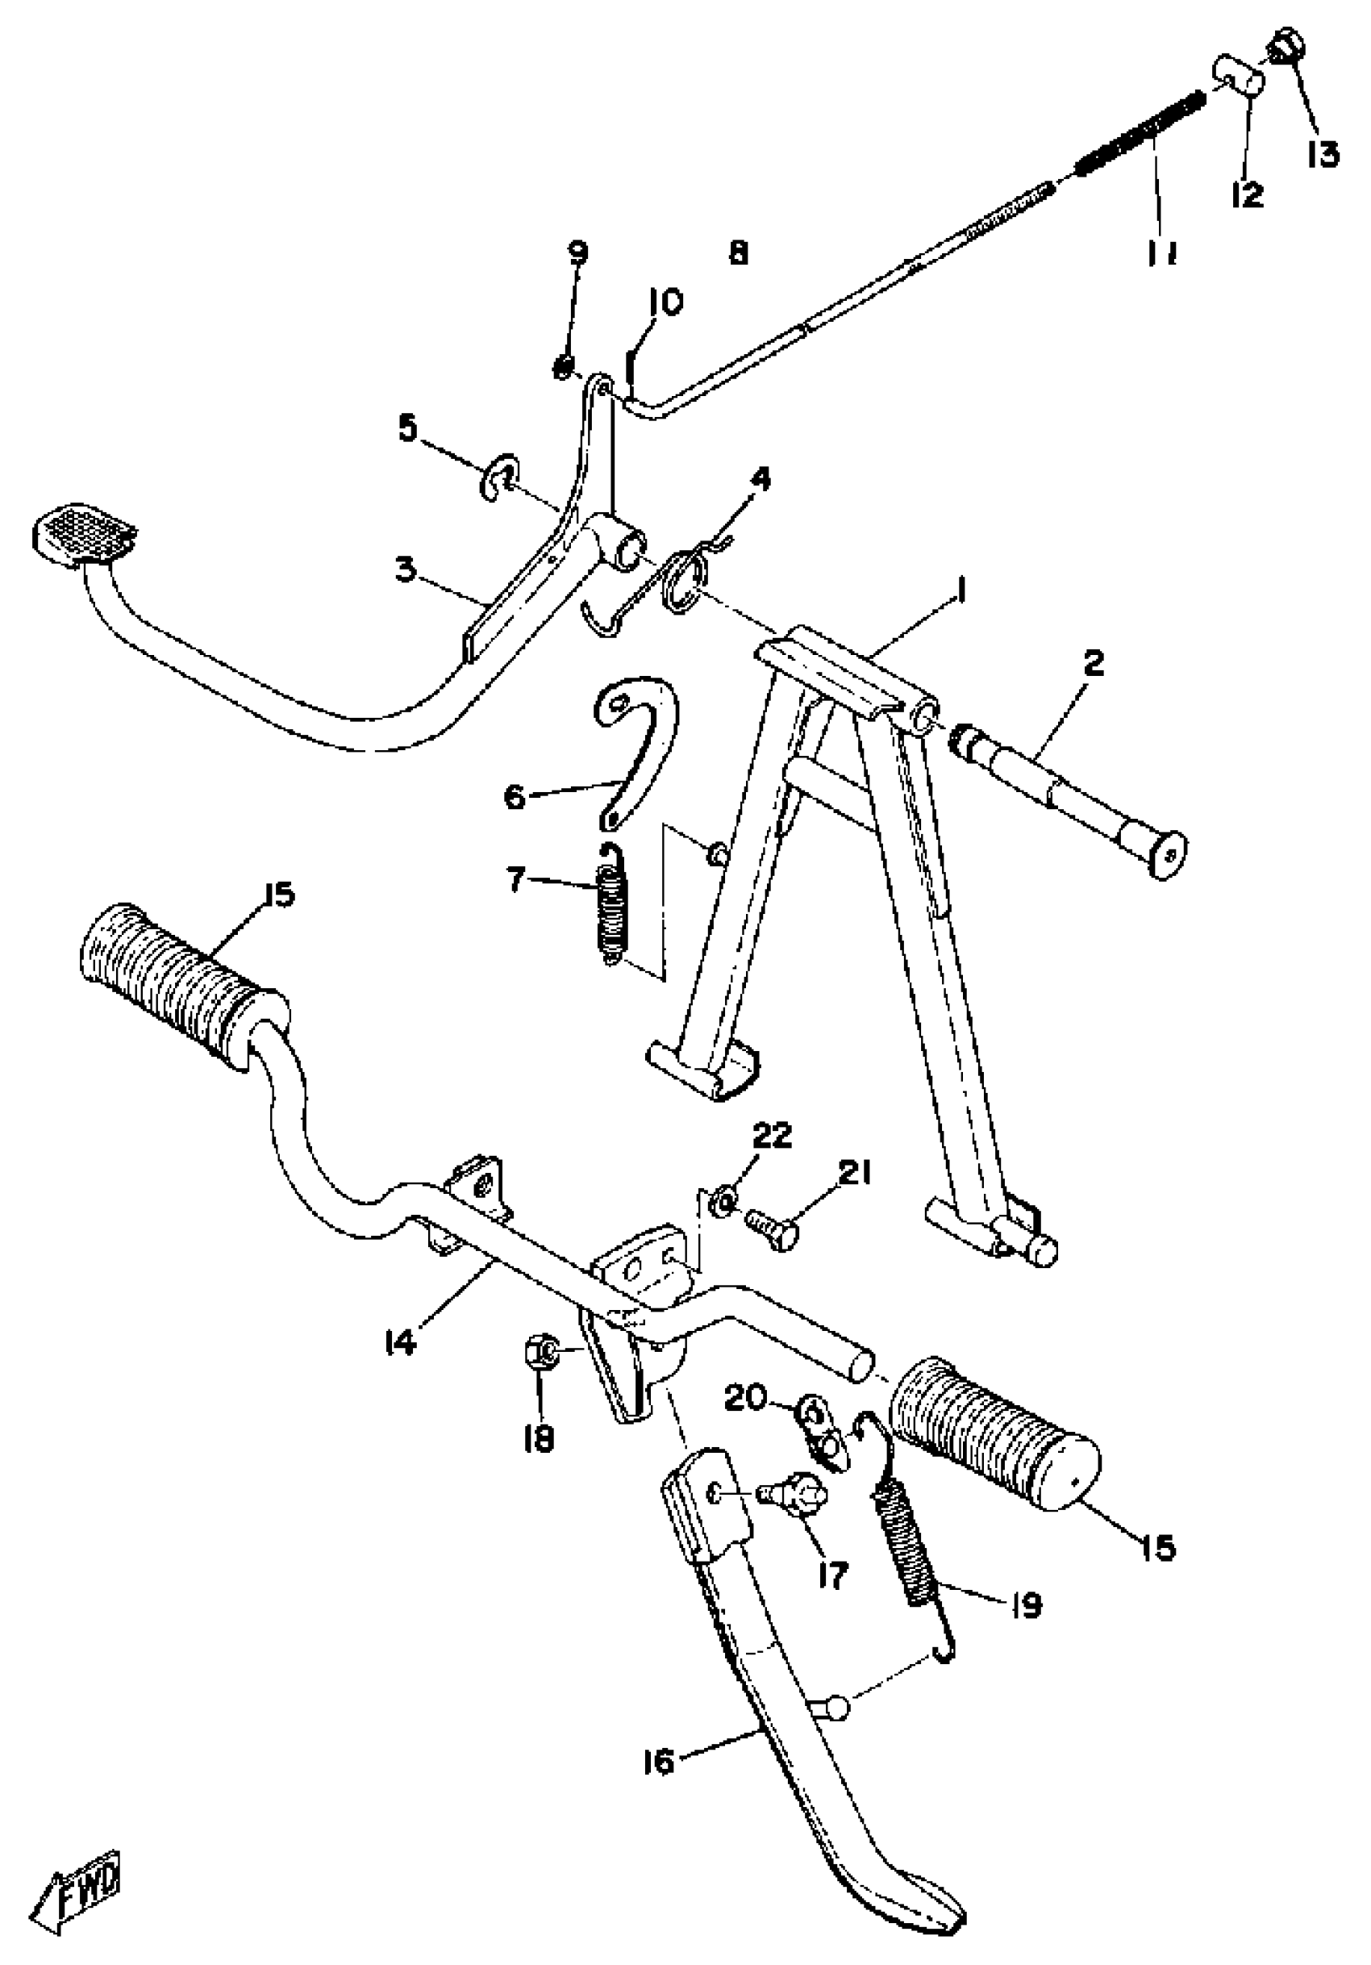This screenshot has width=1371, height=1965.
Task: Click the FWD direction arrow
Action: (77, 1882)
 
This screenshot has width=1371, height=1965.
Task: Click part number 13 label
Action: (1321, 153)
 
